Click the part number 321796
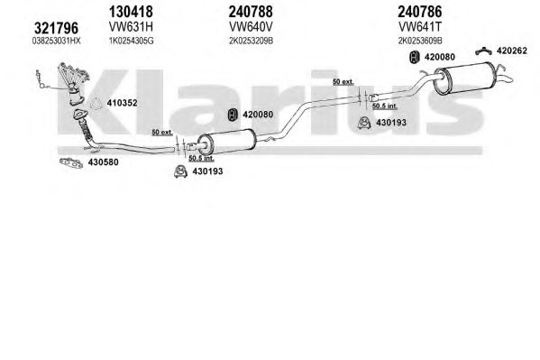pyautogui.click(x=57, y=28)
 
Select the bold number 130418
pyautogui.click(x=131, y=12)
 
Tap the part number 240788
pyautogui.click(x=251, y=12)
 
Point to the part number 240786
pyautogui.click(x=420, y=12)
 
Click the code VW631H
pyautogui.click(x=131, y=26)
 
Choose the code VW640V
pyautogui.click(x=251, y=26)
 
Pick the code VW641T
pyautogui.click(x=420, y=26)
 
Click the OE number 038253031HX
pyautogui.click(x=57, y=41)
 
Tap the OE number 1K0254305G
pyautogui.click(x=132, y=41)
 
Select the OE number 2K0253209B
pyautogui.click(x=251, y=41)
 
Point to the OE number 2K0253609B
pyautogui.click(x=420, y=41)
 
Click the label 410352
pyautogui.click(x=122, y=103)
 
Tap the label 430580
pyautogui.click(x=104, y=162)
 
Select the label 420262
pyautogui.click(x=512, y=51)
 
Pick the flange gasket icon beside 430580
pyautogui.click(x=71, y=162)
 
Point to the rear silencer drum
pyautogui.click(x=464, y=78)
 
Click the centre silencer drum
pyautogui.click(x=228, y=142)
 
